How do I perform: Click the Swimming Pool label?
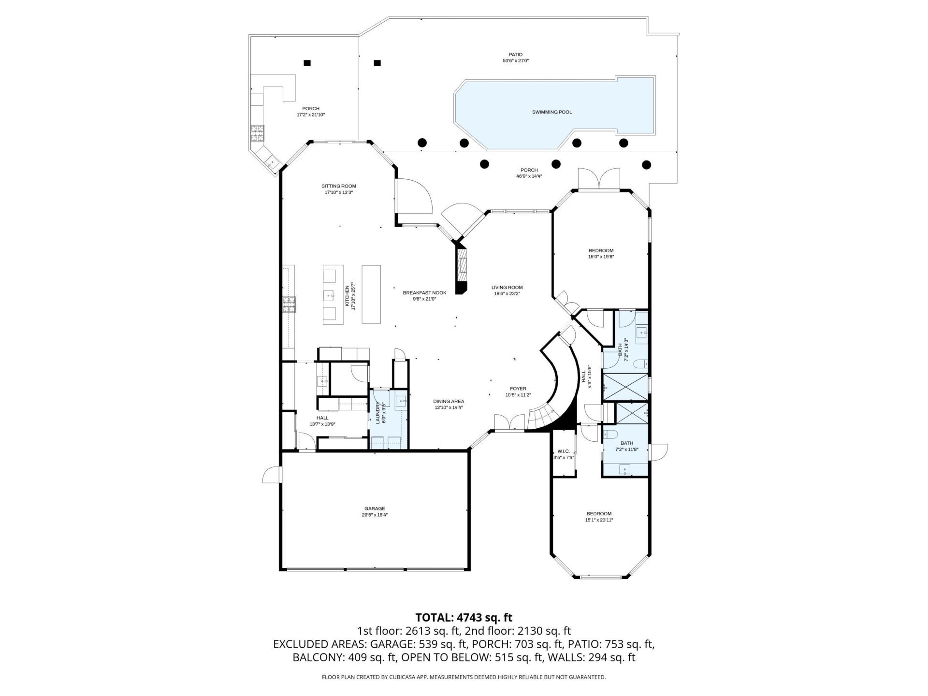click(x=551, y=112)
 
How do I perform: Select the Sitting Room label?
click(x=338, y=186)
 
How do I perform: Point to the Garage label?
click(x=375, y=508)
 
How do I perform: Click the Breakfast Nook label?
click(x=424, y=293)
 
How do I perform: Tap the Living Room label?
click(x=507, y=288)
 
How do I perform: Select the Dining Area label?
click(x=449, y=401)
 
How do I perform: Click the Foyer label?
click(x=518, y=389)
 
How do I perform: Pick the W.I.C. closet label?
click(x=564, y=451)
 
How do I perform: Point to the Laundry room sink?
click(x=401, y=402)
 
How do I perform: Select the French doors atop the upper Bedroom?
click(x=599, y=179)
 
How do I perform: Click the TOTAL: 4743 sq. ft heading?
click(x=464, y=617)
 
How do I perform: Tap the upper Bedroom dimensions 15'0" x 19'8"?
click(x=601, y=257)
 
